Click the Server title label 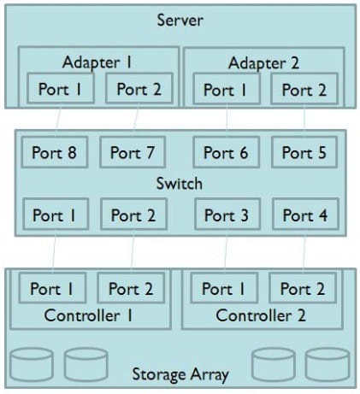tap(180, 21)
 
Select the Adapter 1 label tap(97, 62)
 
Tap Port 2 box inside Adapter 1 tap(139, 88)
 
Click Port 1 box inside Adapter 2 tap(227, 89)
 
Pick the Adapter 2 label tap(263, 63)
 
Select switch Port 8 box tap(55, 152)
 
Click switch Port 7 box tap(133, 152)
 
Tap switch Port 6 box tap(227, 152)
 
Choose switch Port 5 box tap(304, 152)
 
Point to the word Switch tap(180, 183)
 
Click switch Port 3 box tap(227, 215)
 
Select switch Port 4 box tap(306, 215)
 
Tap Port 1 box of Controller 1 tap(52, 288)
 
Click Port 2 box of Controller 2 tap(303, 288)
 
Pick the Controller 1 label tap(89, 315)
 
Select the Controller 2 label tap(261, 315)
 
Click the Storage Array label tap(180, 374)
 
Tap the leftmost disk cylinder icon tap(32, 364)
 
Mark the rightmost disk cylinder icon tap(328, 364)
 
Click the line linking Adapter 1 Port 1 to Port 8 tap(58, 119)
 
